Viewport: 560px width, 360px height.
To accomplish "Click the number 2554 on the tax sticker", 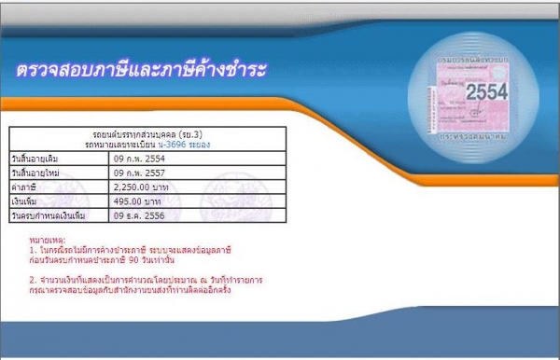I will click(x=483, y=92).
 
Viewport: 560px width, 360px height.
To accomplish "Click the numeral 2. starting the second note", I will click(x=33, y=278).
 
